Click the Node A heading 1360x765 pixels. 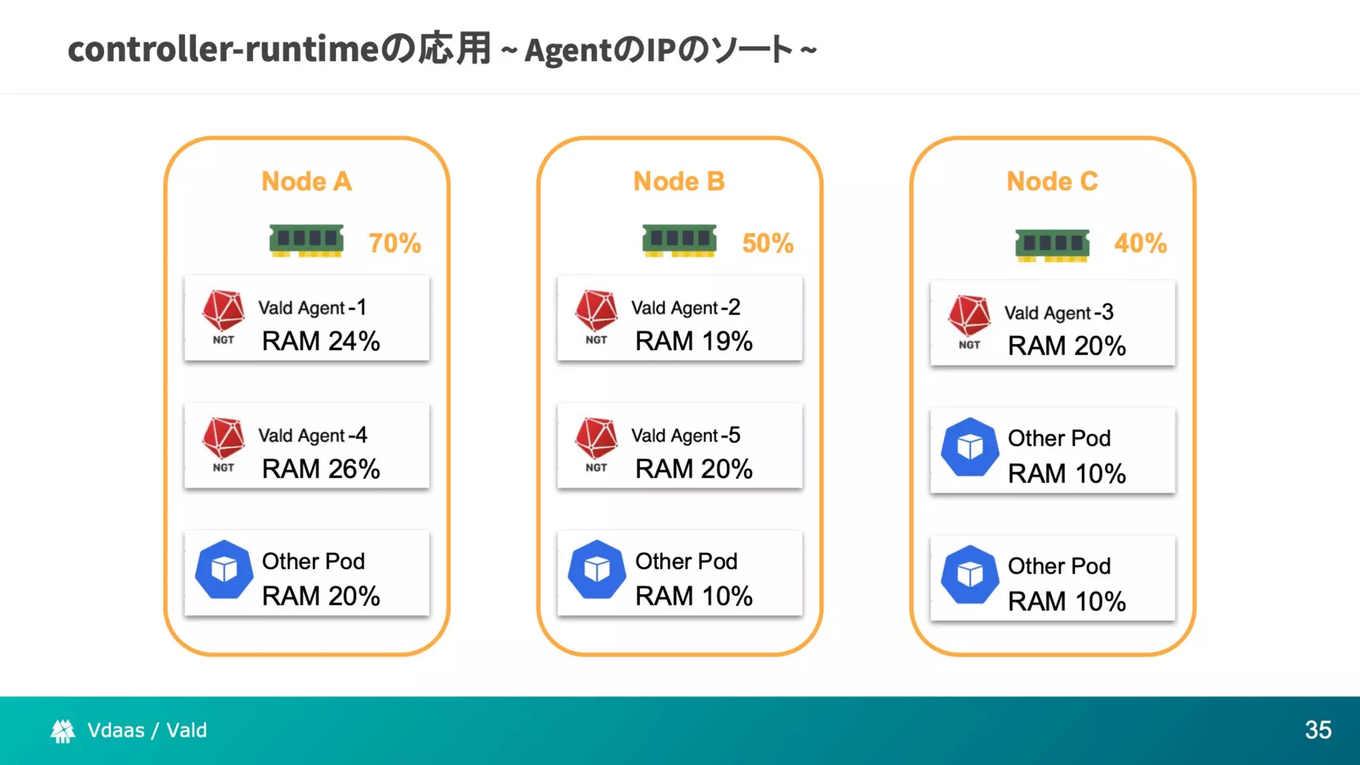coord(306,181)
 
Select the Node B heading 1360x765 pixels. coord(679,181)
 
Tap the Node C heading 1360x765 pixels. coord(1052,181)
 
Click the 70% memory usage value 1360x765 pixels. coord(394,243)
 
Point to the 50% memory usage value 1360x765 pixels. coord(768,243)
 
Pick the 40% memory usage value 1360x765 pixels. coord(1140,243)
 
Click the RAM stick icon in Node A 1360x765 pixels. coord(306,240)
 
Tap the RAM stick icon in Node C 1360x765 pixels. coord(1052,245)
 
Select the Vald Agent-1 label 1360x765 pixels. coord(312,307)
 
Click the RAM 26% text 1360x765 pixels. coord(321,469)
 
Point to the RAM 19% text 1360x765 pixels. coord(693,341)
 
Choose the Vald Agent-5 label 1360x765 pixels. coord(685,436)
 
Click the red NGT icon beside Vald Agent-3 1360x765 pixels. coord(969,316)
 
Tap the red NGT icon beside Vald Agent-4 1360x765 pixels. coord(224,439)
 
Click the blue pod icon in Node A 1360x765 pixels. coord(224,570)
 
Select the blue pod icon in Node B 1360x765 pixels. coord(596,570)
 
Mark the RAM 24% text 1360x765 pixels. coord(321,341)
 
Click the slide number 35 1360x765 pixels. coord(1317,730)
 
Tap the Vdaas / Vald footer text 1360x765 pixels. coord(147,730)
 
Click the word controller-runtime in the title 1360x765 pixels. coord(223,49)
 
